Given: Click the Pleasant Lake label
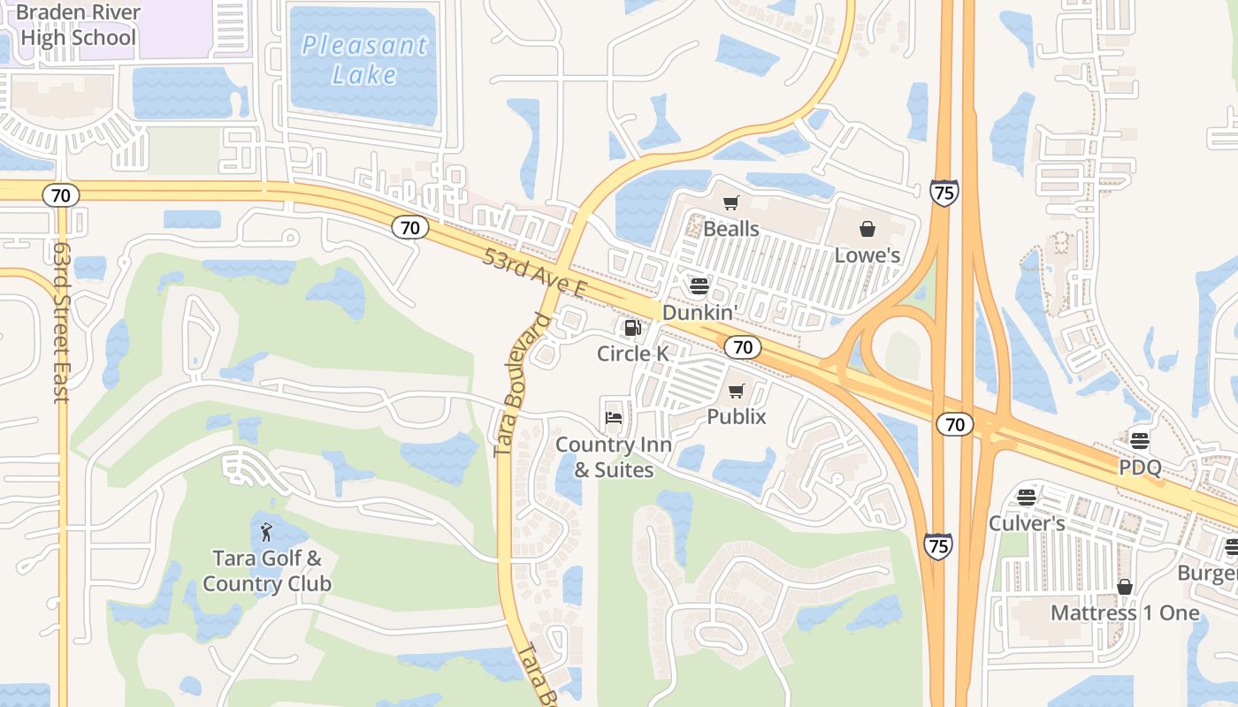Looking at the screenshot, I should (364, 59).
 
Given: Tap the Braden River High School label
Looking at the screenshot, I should (78, 25).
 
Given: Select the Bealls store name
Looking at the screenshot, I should (730, 229).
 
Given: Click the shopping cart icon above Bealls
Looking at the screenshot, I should (730, 203).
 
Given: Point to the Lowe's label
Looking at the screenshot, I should (867, 255).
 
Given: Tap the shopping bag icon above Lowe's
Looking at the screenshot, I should (867, 229).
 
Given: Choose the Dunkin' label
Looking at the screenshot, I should (699, 312).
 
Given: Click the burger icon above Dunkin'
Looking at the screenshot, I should (699, 285).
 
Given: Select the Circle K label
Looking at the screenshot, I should (632, 353).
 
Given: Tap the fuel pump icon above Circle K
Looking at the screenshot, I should (632, 329).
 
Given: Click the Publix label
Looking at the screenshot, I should (737, 416).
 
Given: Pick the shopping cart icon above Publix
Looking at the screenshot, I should (737, 391).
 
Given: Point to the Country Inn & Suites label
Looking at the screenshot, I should (614, 457).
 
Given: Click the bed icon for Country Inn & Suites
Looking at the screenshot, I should (614, 417).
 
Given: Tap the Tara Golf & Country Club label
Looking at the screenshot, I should (267, 571).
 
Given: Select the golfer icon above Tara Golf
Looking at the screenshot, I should (267, 532).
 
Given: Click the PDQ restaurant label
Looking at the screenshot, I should (1139, 467).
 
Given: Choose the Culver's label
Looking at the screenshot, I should (1026, 523).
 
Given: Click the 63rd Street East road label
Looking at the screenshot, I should (60, 323).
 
